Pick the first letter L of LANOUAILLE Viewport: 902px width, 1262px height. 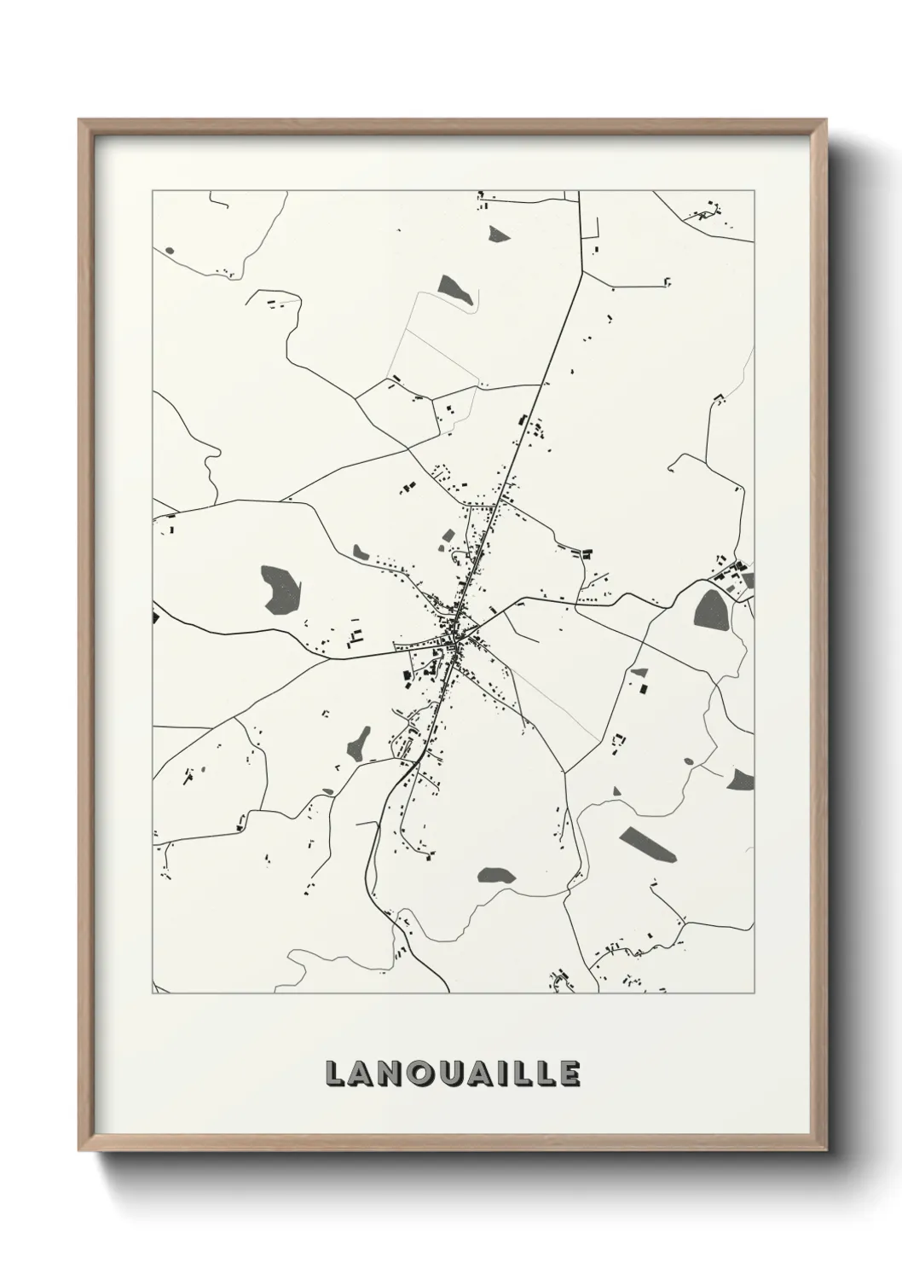point(333,1074)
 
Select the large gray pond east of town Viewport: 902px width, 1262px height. point(710,611)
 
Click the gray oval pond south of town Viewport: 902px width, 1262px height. point(495,875)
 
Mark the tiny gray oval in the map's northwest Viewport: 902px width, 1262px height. point(169,251)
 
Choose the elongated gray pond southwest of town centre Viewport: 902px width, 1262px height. point(359,745)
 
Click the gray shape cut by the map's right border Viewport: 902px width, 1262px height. point(742,779)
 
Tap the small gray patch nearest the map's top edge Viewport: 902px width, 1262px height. point(497,232)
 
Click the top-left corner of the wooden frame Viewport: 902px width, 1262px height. point(79,120)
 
